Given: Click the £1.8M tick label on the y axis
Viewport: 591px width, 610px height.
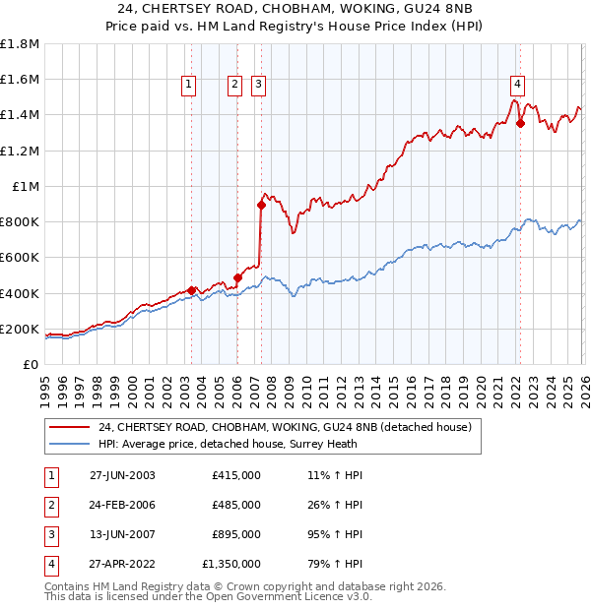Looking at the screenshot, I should pyautogui.click(x=20, y=44).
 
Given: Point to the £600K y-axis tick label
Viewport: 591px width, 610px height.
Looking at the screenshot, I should pyautogui.click(x=20, y=258).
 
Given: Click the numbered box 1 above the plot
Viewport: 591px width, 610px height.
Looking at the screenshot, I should pyautogui.click(x=188, y=86).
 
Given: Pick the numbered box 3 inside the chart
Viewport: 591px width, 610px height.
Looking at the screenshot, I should pyautogui.click(x=258, y=86).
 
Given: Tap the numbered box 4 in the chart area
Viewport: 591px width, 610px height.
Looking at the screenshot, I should pyautogui.click(x=517, y=84).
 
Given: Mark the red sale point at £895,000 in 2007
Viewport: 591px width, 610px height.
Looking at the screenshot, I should pyautogui.click(x=261, y=206).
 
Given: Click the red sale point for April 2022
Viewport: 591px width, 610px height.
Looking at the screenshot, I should pyautogui.click(x=520, y=124).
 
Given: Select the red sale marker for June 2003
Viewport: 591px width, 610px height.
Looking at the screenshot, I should pyautogui.click(x=191, y=291).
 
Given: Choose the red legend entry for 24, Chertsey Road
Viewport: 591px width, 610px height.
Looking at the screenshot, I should pyautogui.click(x=285, y=427).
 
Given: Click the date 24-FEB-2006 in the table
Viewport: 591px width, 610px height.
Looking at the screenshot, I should pyautogui.click(x=122, y=505).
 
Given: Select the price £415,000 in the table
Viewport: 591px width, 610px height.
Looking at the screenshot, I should pyautogui.click(x=236, y=475).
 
